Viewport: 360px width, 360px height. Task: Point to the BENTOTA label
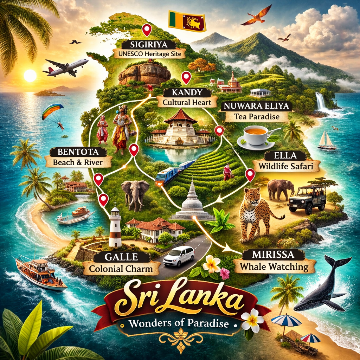point(78,152)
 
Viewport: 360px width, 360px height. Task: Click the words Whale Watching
point(274,267)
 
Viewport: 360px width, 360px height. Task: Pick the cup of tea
point(256,135)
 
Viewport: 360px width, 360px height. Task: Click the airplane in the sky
point(66,67)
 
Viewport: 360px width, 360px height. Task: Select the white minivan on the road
point(179,256)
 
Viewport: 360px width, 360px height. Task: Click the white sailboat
point(327,141)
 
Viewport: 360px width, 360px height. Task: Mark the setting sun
point(30,75)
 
